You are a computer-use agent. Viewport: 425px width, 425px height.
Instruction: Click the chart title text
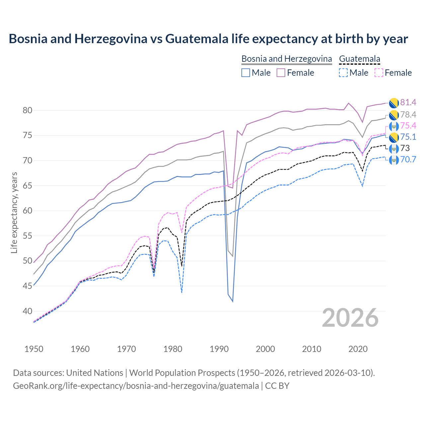[x=208, y=39]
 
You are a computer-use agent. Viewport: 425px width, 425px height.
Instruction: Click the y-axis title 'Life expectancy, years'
[x=14, y=212]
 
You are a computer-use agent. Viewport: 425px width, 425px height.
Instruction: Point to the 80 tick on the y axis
[x=28, y=111]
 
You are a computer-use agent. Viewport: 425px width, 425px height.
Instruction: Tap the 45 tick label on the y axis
[x=28, y=286]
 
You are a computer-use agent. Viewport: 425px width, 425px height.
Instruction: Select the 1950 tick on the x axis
[x=34, y=349]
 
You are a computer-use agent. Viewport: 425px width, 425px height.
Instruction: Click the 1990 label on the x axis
[x=219, y=349]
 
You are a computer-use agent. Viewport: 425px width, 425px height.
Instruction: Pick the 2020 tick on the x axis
[x=358, y=349]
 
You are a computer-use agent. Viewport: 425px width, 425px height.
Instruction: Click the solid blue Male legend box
[x=246, y=73]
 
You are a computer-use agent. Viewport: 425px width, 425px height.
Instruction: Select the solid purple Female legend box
[x=281, y=73]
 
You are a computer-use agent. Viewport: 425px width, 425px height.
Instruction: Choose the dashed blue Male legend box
[x=343, y=73]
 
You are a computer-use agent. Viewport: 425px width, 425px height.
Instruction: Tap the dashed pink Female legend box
[x=379, y=73]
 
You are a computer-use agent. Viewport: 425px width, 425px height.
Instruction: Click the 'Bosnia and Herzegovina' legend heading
[x=287, y=59]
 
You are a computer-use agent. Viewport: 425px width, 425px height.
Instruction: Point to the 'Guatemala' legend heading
[x=360, y=59]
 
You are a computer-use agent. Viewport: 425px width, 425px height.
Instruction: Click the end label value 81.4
[x=408, y=103]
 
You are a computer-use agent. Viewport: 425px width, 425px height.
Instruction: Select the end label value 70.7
[x=408, y=160]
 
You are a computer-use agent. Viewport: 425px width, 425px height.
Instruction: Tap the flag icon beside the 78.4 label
[x=394, y=115]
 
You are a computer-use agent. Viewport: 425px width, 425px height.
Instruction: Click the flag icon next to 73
[x=394, y=148]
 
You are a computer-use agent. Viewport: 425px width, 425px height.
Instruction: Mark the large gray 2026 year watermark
[x=350, y=318]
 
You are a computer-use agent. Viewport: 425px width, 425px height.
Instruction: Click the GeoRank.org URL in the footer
[x=136, y=386]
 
